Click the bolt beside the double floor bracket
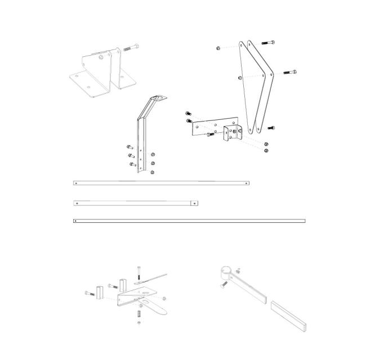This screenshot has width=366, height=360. tap(130, 47)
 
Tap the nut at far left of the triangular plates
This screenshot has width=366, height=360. tap(218, 49)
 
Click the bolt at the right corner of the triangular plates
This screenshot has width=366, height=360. tap(288, 72)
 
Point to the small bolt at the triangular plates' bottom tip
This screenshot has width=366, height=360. tap(271, 128)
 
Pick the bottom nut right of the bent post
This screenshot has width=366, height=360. tap(153, 172)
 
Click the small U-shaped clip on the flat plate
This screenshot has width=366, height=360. tap(231, 133)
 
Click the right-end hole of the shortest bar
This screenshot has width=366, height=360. tap(194, 202)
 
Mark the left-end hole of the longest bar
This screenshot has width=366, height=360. tap(76, 221)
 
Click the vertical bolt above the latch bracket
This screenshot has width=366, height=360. tap(137, 274)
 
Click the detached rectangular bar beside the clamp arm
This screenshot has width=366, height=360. tap(288, 316)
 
